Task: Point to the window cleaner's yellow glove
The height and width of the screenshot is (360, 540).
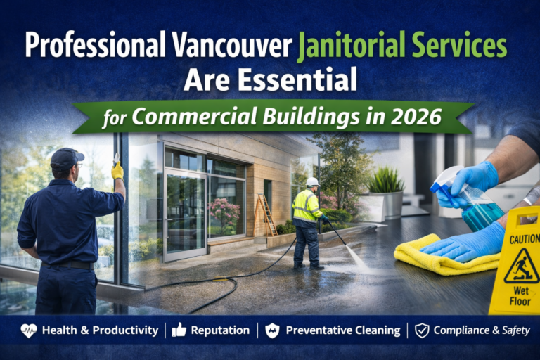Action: tap(117, 170)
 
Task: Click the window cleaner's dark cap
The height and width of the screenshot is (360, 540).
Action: tap(66, 157)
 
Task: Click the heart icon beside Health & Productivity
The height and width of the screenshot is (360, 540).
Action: tap(29, 330)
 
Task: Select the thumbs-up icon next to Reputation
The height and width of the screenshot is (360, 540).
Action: tap(179, 330)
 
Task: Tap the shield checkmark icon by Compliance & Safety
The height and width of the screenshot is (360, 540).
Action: tap(422, 330)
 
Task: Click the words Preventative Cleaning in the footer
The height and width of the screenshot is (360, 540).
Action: tap(342, 330)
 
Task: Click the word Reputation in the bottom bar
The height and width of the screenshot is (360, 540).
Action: tap(220, 330)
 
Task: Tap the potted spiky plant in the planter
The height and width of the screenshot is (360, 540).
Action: tap(385, 184)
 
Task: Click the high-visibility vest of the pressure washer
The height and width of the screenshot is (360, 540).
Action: tap(307, 206)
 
